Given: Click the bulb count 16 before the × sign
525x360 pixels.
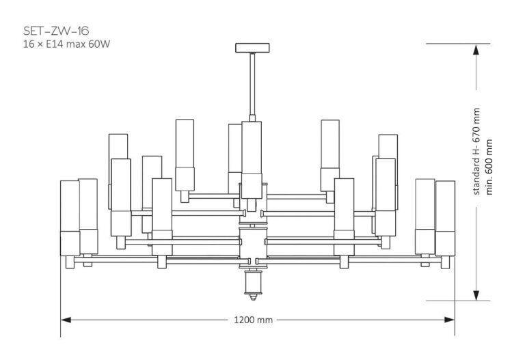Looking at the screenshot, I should (28, 44).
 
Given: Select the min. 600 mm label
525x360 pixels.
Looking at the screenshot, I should (489, 167).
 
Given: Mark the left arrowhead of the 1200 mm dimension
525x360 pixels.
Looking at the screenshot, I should (66, 319).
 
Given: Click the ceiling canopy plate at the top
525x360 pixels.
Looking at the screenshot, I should (252, 48).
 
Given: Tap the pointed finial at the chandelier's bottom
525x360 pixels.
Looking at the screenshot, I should (252, 296).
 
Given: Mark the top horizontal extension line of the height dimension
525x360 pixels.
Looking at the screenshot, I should (458, 43).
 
